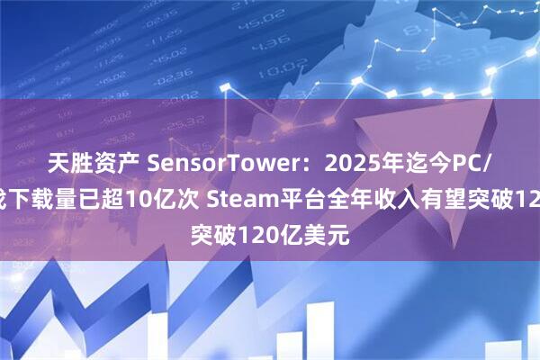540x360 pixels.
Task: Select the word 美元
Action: (x=334, y=213)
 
